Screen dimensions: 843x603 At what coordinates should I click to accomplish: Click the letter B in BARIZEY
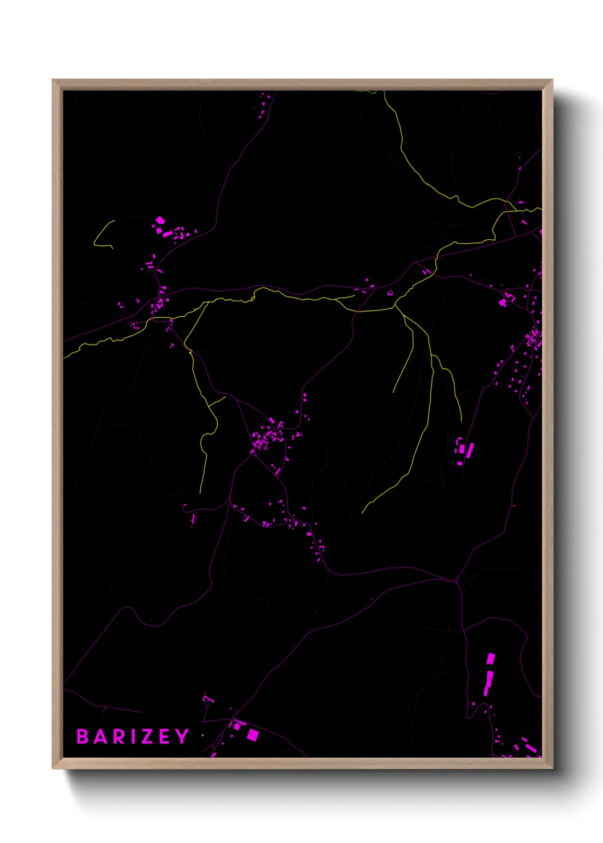83,736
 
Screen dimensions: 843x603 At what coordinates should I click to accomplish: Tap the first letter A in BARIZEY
101,736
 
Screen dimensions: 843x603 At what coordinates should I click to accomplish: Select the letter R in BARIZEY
118,736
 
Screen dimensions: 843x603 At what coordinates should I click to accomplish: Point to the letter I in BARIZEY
132,736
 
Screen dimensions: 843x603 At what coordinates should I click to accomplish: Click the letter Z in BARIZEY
146,736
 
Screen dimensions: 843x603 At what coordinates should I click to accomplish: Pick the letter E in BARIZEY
164,736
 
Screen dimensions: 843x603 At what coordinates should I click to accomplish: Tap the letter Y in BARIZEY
182,736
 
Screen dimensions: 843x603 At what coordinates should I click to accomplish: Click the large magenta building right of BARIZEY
252,735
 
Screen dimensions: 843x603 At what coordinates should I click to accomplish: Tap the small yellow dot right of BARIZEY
202,735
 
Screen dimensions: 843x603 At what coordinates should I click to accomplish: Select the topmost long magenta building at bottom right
490,660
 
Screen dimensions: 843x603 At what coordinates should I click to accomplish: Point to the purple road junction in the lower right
456,581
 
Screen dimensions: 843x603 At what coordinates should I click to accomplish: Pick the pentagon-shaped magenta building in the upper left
160,220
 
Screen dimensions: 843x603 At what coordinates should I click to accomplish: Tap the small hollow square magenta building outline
390,293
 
